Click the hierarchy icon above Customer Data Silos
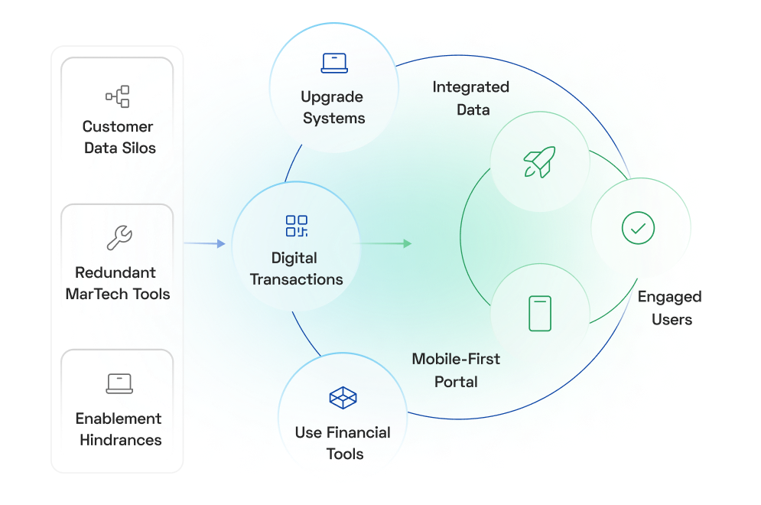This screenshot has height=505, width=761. click(118, 96)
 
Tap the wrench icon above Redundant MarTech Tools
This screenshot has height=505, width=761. click(119, 239)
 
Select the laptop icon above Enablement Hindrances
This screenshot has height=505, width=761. click(119, 383)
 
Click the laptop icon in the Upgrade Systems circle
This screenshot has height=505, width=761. click(334, 63)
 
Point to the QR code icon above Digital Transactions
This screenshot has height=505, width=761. click(296, 226)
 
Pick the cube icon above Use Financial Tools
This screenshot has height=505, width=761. click(343, 398)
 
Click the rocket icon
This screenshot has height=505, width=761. click(539, 161)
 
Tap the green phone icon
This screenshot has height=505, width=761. click(540, 314)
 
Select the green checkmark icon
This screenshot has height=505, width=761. click(638, 228)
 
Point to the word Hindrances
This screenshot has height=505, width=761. click(121, 440)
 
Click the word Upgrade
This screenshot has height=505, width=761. click(332, 97)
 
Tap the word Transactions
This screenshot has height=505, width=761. click(297, 279)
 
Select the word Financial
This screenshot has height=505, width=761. click(358, 432)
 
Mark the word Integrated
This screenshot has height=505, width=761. click(471, 87)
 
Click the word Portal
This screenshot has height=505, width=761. click(456, 381)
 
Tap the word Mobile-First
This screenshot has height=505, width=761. click(456, 359)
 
